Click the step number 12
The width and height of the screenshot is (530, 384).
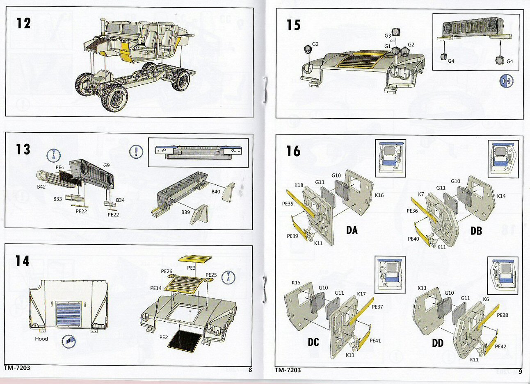pyautogui.click(x=24, y=23)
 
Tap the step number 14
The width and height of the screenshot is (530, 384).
pyautogui.click(x=23, y=261)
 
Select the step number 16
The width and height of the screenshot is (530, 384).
pyautogui.click(x=293, y=151)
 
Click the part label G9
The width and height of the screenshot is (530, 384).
pyautogui.click(x=106, y=165)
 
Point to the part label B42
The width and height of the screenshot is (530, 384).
pyautogui.click(x=41, y=187)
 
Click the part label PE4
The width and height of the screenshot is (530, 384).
pyautogui.click(x=60, y=168)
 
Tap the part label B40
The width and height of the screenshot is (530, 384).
pyautogui.click(x=216, y=191)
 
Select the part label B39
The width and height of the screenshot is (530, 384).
pyautogui.click(x=185, y=212)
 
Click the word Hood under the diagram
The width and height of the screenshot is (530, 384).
pyautogui.click(x=41, y=339)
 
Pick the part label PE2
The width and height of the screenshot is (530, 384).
pyautogui.click(x=163, y=337)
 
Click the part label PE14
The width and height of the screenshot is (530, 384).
pyautogui.click(x=156, y=288)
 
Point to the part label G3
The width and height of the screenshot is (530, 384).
pyautogui.click(x=388, y=36)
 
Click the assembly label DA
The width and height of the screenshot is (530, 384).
pyautogui.click(x=352, y=230)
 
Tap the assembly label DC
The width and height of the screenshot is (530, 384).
pyautogui.click(x=313, y=342)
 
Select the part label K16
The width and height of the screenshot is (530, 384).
pyautogui.click(x=379, y=195)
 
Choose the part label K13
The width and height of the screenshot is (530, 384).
pyautogui.click(x=422, y=288)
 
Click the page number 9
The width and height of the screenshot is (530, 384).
pyautogui.click(x=520, y=372)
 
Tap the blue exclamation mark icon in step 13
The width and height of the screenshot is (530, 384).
pyautogui.click(x=135, y=151)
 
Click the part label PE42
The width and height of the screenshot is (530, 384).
pyautogui.click(x=500, y=346)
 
